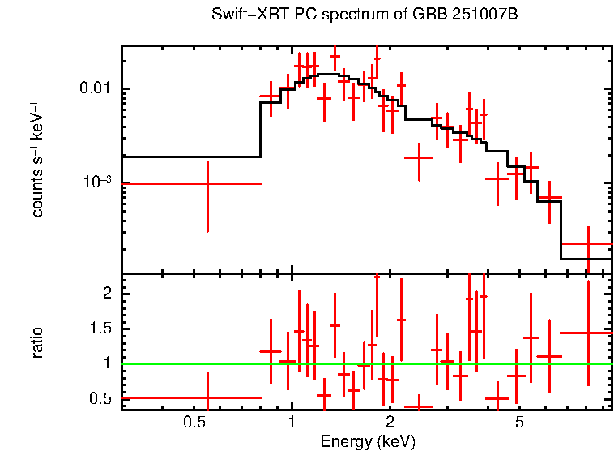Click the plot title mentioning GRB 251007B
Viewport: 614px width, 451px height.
click(364, 15)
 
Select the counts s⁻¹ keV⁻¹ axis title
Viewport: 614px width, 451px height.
click(37, 160)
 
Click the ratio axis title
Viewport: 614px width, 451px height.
click(37, 342)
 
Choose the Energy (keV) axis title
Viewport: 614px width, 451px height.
click(368, 442)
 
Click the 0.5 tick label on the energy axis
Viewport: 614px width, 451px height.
click(193, 423)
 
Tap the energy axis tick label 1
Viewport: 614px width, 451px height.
click(292, 423)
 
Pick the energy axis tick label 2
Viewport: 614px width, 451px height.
click(390, 423)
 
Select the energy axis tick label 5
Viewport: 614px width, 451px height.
click(520, 423)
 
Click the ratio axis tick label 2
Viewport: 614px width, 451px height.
click(105, 294)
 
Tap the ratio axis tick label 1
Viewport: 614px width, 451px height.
click(105, 363)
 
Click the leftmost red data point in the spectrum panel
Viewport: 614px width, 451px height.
click(208, 183)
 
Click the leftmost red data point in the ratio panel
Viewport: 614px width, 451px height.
click(208, 398)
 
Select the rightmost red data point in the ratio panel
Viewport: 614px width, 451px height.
click(588, 333)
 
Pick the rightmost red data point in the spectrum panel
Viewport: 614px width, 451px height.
click(588, 243)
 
